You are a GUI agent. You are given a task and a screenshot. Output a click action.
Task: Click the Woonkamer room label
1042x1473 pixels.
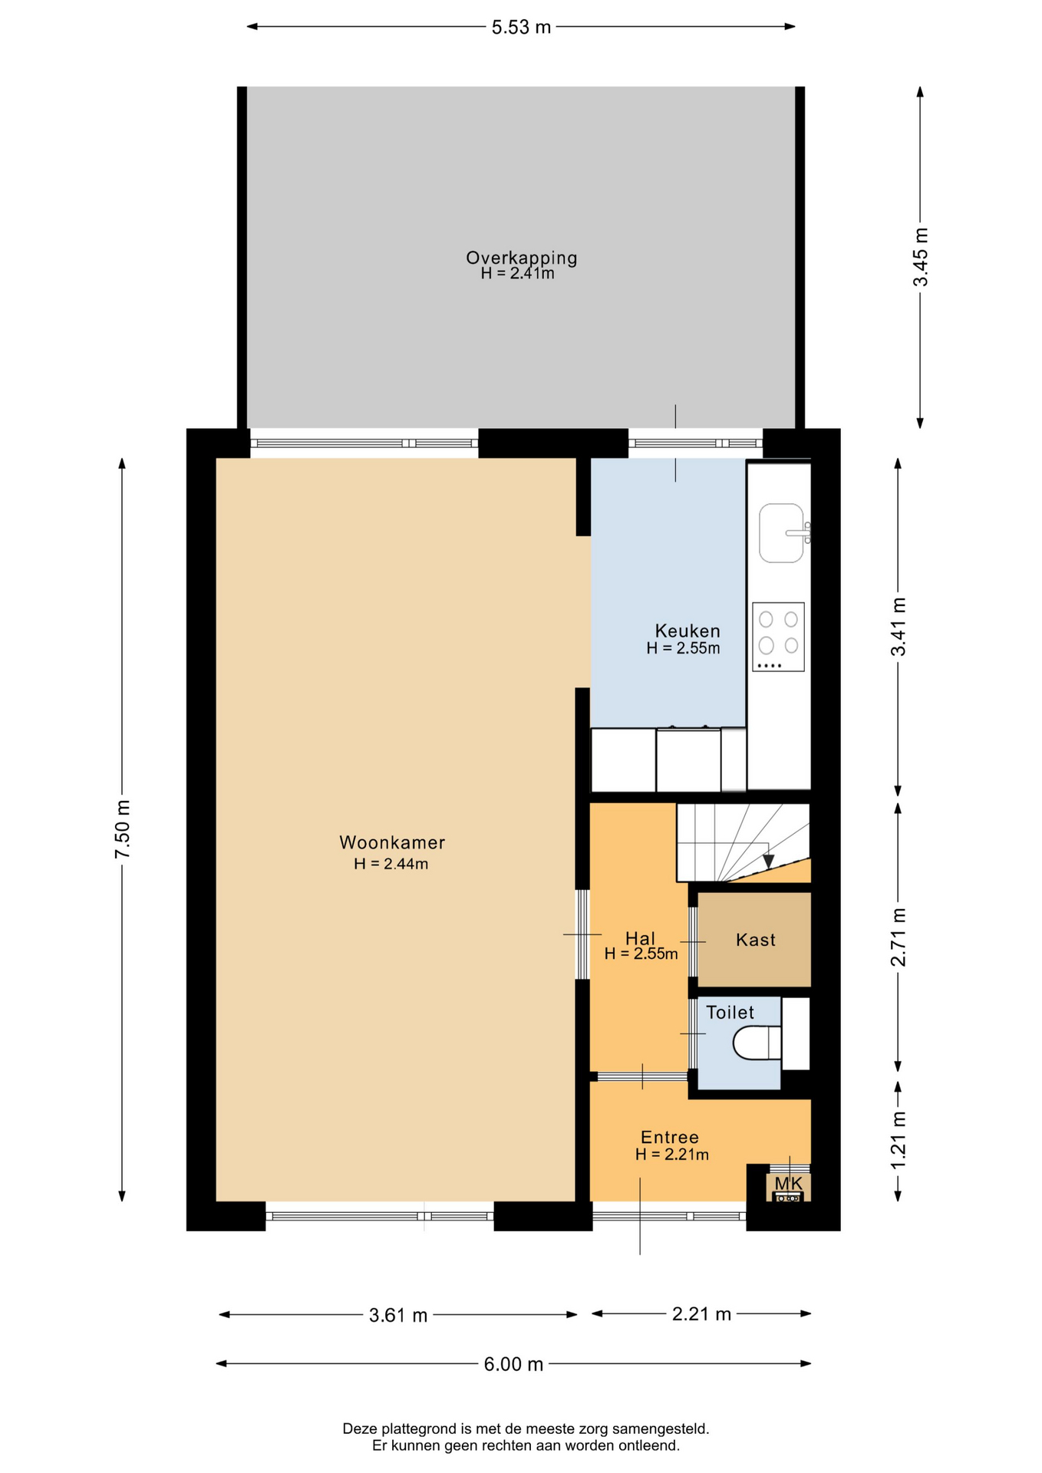point(392,842)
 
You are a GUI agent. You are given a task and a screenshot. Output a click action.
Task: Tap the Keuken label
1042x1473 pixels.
point(688,631)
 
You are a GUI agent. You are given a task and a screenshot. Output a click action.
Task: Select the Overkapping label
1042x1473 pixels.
point(522,258)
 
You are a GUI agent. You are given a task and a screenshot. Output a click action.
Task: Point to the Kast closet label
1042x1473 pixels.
point(756,940)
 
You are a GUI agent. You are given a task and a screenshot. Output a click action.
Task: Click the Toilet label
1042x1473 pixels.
point(730,1012)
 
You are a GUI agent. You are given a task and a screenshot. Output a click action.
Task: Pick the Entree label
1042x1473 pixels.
point(670,1137)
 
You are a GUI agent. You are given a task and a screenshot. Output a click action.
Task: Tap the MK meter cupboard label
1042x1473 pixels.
point(788,1183)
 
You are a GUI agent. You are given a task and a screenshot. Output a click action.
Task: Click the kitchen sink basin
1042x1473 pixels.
point(781,533)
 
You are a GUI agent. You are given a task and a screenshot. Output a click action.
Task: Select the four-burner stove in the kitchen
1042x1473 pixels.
point(779,637)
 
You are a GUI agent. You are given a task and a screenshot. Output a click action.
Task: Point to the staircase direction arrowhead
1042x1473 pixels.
point(768,861)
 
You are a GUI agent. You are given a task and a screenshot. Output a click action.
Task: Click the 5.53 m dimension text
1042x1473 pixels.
point(522,28)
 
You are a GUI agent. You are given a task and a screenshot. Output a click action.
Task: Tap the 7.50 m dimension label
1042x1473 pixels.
point(123,829)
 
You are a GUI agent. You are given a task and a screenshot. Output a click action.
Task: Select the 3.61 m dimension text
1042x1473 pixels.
point(398,1315)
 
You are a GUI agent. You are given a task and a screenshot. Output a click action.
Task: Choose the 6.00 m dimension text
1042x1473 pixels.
point(513,1364)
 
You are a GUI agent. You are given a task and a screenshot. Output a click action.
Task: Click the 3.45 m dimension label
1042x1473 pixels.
point(921,257)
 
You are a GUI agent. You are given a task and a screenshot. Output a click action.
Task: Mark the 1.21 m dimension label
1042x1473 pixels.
point(899,1140)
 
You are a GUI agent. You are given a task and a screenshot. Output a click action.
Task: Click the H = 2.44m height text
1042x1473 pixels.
point(391,864)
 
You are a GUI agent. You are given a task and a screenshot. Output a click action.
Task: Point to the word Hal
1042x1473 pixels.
point(641,938)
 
